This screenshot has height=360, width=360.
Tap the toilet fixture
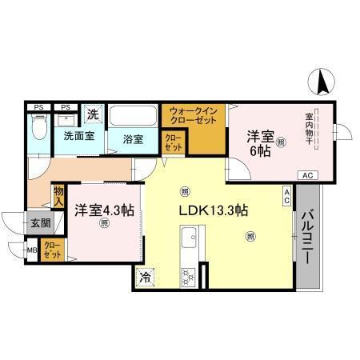click(x=38, y=125)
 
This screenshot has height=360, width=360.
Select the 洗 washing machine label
click(x=94, y=114)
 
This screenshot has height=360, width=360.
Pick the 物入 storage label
click(x=59, y=196)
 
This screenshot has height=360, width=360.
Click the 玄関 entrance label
click(x=40, y=223)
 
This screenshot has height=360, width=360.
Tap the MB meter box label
click(x=32, y=250)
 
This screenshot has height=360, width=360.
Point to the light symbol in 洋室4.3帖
click(x=104, y=225)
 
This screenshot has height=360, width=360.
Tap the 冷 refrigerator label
click(x=145, y=278)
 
